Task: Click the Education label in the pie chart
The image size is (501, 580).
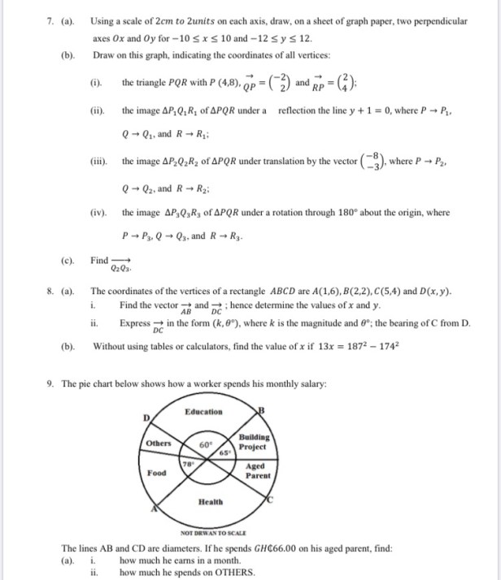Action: [x=203, y=412]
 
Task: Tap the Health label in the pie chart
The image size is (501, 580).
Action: [x=211, y=501]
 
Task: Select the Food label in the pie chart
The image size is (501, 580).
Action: [x=157, y=473]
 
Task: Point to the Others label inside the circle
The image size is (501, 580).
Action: [x=159, y=444]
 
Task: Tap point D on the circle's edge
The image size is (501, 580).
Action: [x=146, y=417]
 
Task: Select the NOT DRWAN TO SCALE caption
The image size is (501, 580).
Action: [x=209, y=532]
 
